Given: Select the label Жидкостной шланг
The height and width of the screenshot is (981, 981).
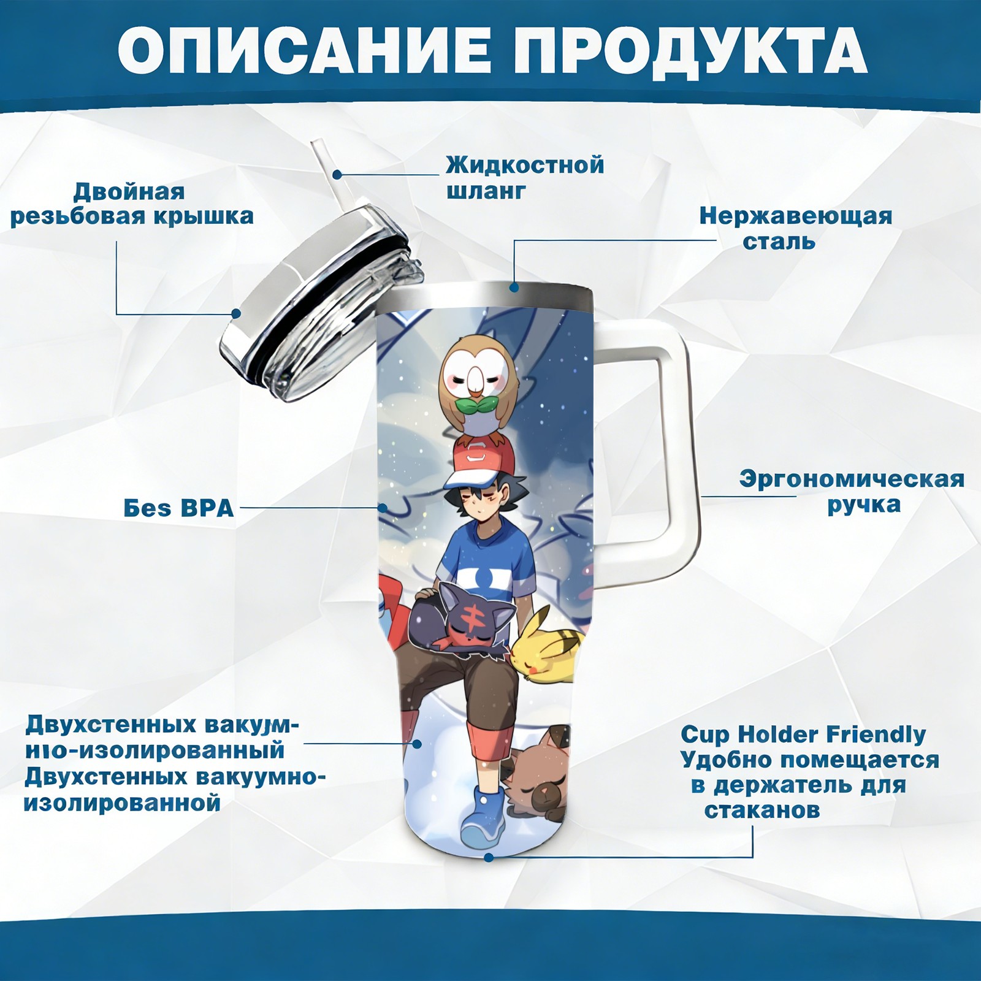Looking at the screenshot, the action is point(525,178).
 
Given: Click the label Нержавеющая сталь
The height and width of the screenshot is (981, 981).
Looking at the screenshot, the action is point(796,228).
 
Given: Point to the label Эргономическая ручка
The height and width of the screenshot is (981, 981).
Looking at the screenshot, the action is point(852,492).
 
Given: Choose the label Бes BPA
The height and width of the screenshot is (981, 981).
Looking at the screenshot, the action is point(178,508).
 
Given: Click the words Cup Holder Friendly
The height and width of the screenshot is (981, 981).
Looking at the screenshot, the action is point(803,734).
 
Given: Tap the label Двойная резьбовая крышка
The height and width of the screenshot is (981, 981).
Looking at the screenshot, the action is point(132,204).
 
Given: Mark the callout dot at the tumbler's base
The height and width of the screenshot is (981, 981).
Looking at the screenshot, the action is point(489,857).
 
